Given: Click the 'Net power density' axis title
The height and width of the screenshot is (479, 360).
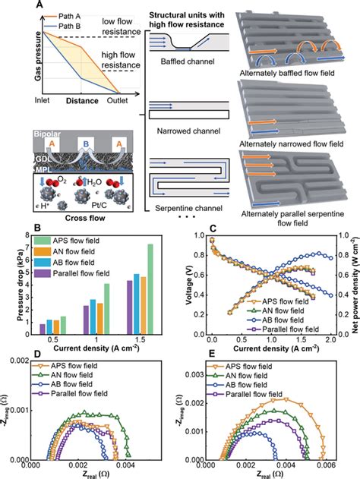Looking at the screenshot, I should (352, 282).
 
